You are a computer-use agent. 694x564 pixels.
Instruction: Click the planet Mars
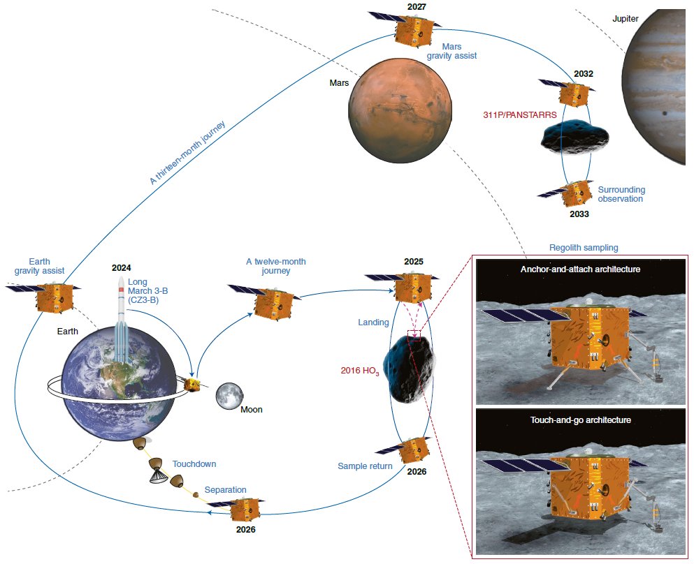point(400,111)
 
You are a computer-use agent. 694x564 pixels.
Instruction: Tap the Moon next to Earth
point(229,396)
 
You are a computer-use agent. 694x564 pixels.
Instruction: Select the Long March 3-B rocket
point(121,318)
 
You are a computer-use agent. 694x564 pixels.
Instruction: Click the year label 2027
point(417,6)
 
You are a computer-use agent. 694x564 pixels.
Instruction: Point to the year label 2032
point(584,74)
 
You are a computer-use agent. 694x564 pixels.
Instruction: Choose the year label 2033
point(579,214)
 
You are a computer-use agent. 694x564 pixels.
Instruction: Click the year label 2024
point(122,268)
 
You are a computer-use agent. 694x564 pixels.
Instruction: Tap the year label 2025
point(413,262)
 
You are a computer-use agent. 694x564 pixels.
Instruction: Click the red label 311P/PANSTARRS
point(519,115)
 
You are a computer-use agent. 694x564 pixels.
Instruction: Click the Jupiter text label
point(625,19)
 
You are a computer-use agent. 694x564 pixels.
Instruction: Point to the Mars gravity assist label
point(451,51)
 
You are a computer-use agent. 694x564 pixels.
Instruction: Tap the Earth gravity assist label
point(39,266)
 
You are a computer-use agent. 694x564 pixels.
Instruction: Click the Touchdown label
point(194,463)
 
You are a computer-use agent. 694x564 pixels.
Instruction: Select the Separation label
point(225,490)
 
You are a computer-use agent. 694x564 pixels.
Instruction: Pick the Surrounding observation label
point(621,194)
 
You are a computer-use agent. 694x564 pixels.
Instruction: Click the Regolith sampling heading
point(584,248)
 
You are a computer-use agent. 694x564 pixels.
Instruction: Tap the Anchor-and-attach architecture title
point(580,269)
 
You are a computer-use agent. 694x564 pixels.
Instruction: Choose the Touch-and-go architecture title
point(580,420)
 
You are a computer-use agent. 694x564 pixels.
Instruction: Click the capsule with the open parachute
point(157,470)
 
